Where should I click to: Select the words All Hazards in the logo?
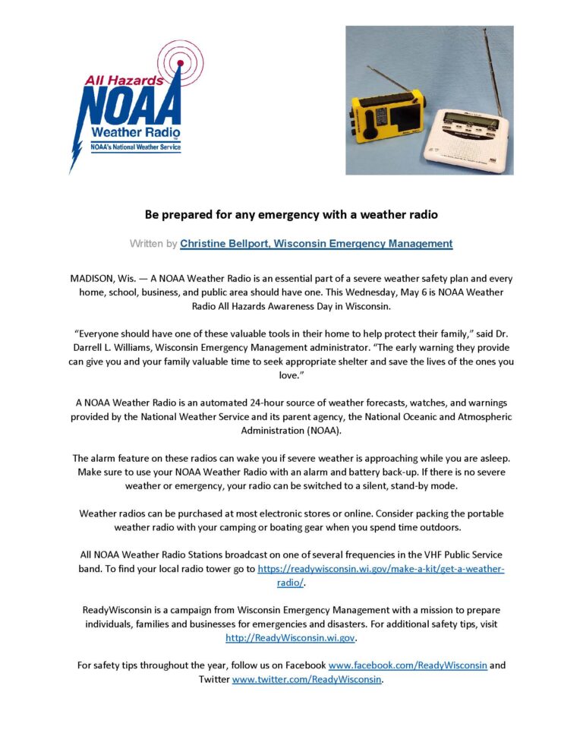tap(114, 79)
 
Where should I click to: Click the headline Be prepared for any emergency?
tap(291, 214)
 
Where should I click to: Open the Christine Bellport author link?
tap(316, 244)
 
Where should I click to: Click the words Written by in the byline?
tap(153, 244)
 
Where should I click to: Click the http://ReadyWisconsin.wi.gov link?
tap(291, 638)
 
